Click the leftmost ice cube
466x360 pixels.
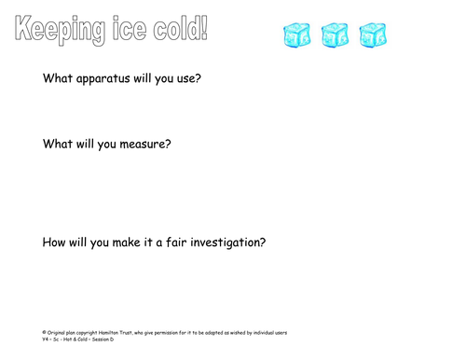pyautogui.click(x=297, y=35)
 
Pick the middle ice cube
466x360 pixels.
pyautogui.click(x=335, y=35)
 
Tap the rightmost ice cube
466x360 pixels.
pyautogui.click(x=373, y=35)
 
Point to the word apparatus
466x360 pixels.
pyautogui.click(x=108, y=79)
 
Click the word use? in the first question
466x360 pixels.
pyautogui.click(x=186, y=78)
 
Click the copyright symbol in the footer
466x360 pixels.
pyautogui.click(x=45, y=332)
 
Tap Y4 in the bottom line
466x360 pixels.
pyautogui.click(x=47, y=339)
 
